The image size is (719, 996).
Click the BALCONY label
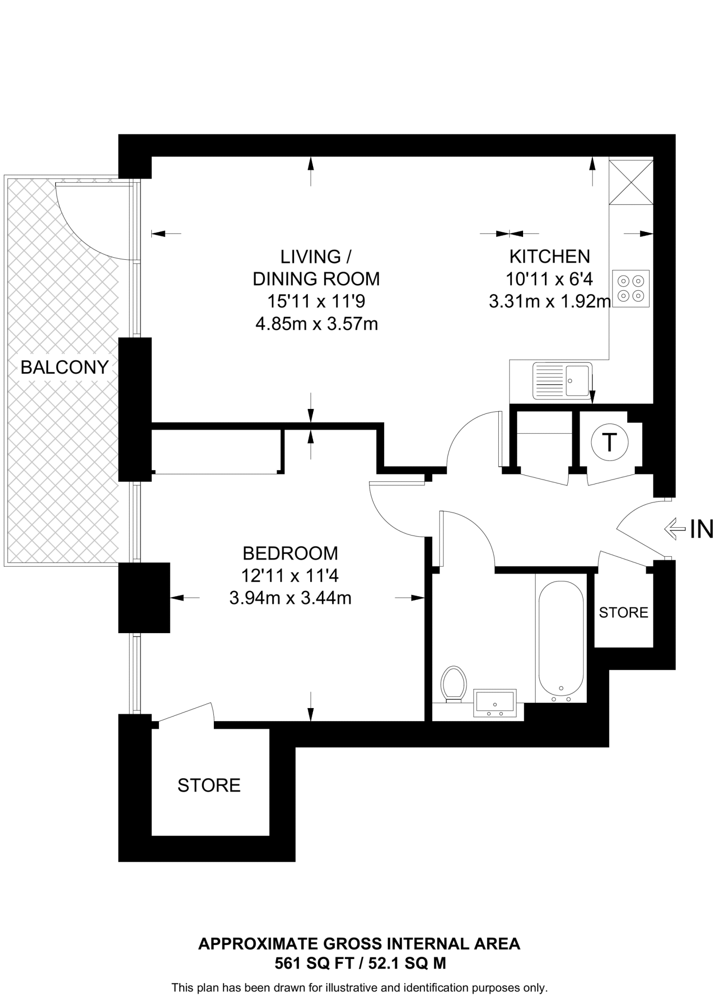[64, 367]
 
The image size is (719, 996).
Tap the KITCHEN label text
[549, 256]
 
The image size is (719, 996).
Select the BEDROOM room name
[290, 553]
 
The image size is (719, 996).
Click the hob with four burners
[631, 288]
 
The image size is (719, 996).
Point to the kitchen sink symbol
[562, 380]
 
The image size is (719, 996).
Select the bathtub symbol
[561, 638]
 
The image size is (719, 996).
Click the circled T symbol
[610, 443]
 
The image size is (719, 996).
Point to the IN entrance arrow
[677, 529]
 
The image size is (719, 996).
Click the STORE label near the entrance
[623, 613]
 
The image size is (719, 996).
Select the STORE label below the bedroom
[209, 785]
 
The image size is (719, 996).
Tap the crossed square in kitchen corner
[631, 182]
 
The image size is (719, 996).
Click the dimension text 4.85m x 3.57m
[316, 324]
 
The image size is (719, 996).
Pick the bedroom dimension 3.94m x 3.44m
[290, 598]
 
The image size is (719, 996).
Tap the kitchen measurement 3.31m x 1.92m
[549, 302]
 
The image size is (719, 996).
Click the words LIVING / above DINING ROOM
[316, 256]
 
